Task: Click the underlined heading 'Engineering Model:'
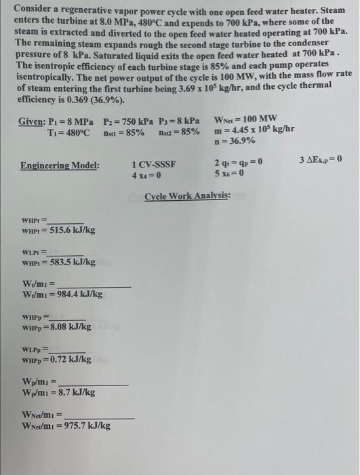coord(60,166)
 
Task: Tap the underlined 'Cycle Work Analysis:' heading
coord(187,195)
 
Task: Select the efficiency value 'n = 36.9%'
coord(235,140)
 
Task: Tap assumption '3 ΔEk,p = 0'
coord(320,159)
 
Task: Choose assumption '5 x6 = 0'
coord(229,174)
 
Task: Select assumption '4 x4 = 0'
coord(146,175)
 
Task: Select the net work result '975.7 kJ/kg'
coord(86,425)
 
